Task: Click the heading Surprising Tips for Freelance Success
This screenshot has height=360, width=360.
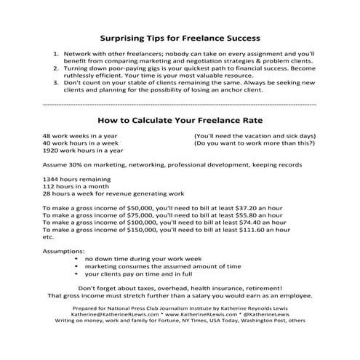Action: pos(180,36)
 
